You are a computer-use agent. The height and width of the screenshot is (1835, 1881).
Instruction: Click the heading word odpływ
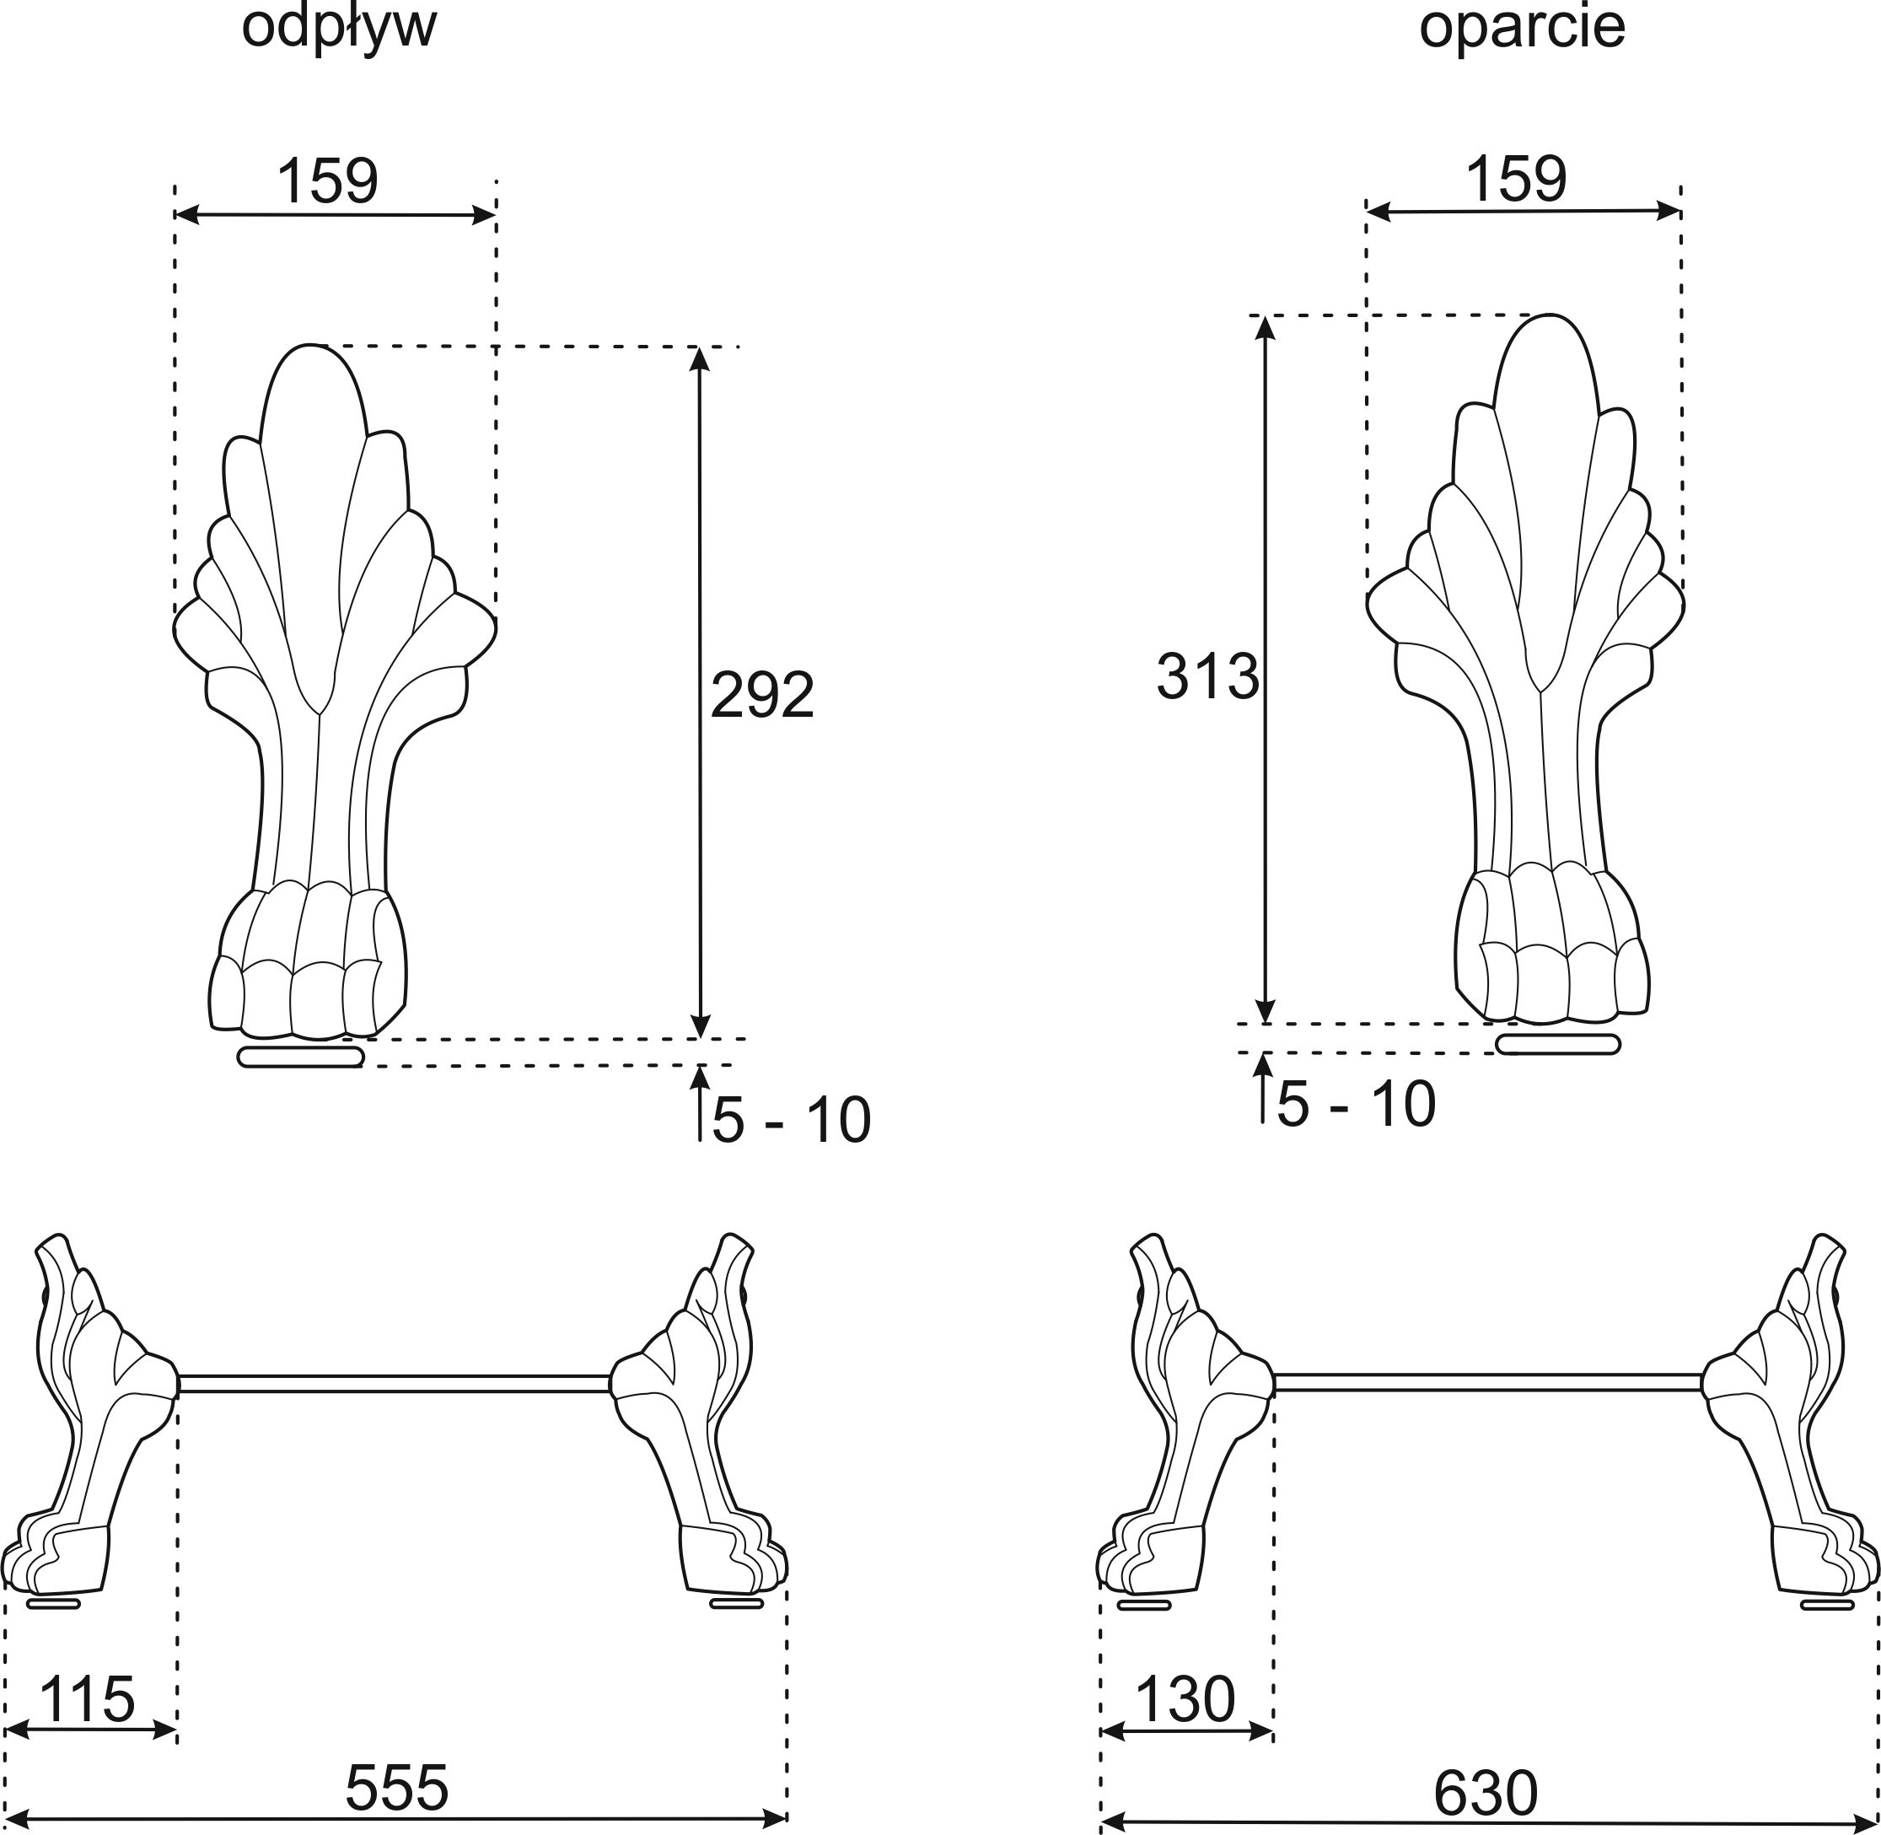pyautogui.click(x=339, y=29)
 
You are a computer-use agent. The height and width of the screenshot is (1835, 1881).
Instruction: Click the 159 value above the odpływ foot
pyautogui.click(x=328, y=180)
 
